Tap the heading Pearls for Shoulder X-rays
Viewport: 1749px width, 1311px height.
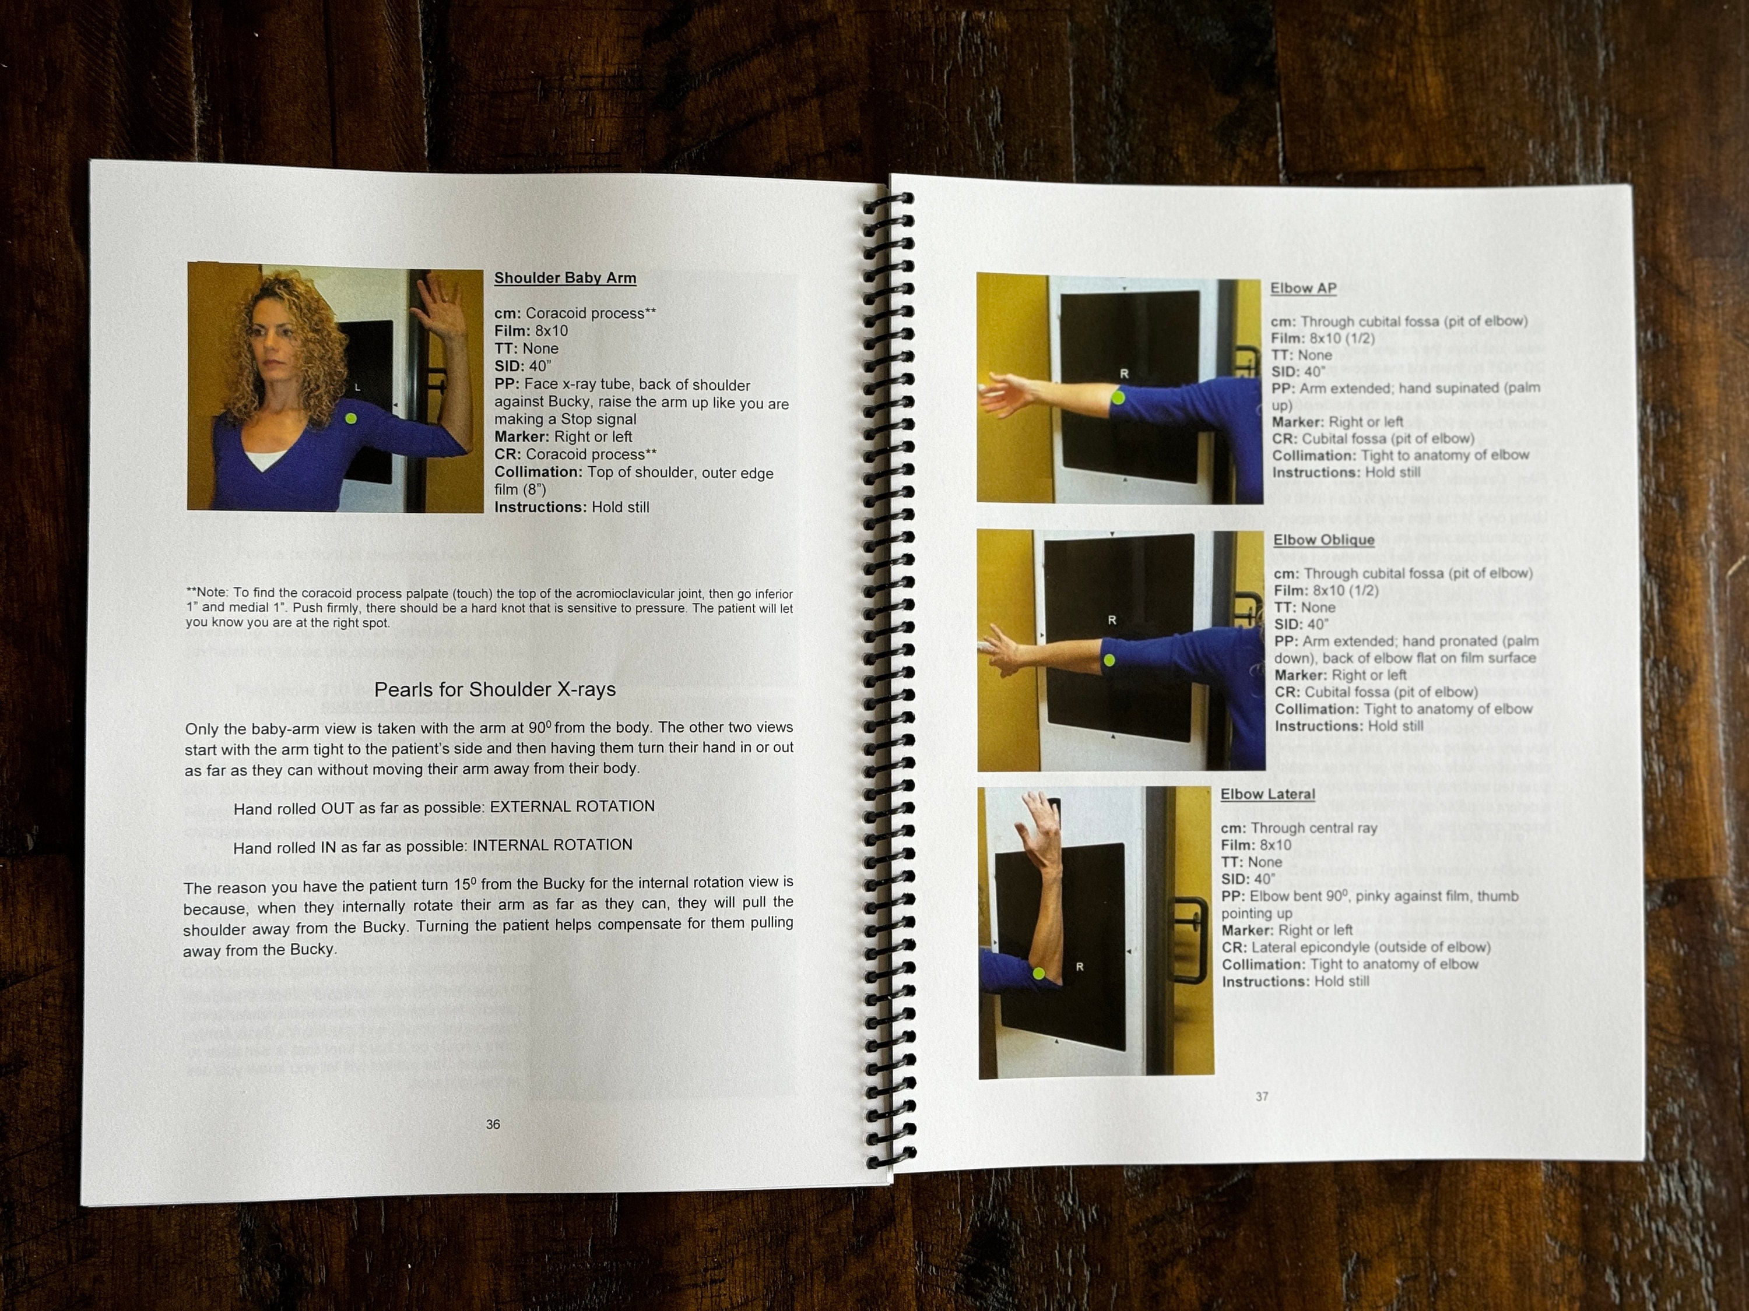[x=494, y=689]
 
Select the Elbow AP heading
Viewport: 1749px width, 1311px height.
[x=1303, y=288]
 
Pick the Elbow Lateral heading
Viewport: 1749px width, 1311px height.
[x=1267, y=794]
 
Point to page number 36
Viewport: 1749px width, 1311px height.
[x=493, y=1124]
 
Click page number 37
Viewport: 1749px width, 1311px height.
[x=1262, y=1096]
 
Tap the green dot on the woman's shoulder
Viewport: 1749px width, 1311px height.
[x=351, y=418]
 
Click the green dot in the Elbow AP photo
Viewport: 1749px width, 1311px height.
[x=1119, y=397]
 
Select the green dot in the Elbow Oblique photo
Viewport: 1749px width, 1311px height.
[x=1109, y=660]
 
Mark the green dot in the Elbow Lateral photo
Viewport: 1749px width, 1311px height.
[x=1039, y=974]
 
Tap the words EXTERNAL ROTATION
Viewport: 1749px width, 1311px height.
[x=572, y=806]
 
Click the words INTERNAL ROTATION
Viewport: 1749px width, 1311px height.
[x=552, y=845]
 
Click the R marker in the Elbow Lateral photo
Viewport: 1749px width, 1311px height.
[x=1079, y=967]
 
